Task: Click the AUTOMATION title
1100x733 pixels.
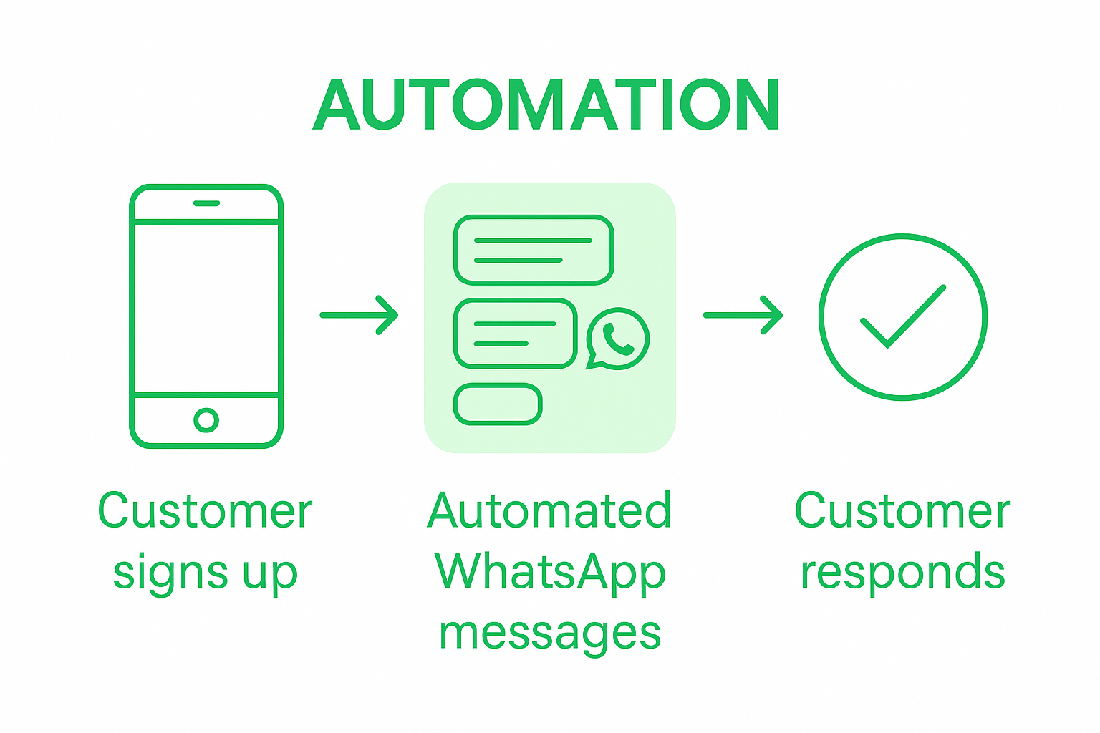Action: click(546, 105)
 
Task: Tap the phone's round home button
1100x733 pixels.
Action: click(206, 420)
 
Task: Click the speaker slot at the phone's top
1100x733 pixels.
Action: click(206, 203)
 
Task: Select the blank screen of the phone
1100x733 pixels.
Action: click(206, 308)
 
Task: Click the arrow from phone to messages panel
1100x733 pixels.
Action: click(359, 315)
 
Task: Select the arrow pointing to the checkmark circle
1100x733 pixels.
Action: click(743, 315)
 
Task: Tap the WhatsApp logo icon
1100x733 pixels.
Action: click(617, 339)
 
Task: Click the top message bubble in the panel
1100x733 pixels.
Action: click(534, 250)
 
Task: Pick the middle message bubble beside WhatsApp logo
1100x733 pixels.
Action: click(515, 334)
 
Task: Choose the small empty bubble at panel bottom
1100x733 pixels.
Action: click(498, 404)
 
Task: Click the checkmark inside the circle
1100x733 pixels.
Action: click(903, 316)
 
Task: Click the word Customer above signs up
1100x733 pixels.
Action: click(205, 512)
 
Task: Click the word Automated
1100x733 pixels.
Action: click(549, 512)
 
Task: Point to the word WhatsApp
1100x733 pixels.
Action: click(549, 573)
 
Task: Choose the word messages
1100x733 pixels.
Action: click(549, 634)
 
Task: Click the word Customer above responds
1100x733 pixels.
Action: click(902, 512)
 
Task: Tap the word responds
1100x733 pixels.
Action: click(902, 573)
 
